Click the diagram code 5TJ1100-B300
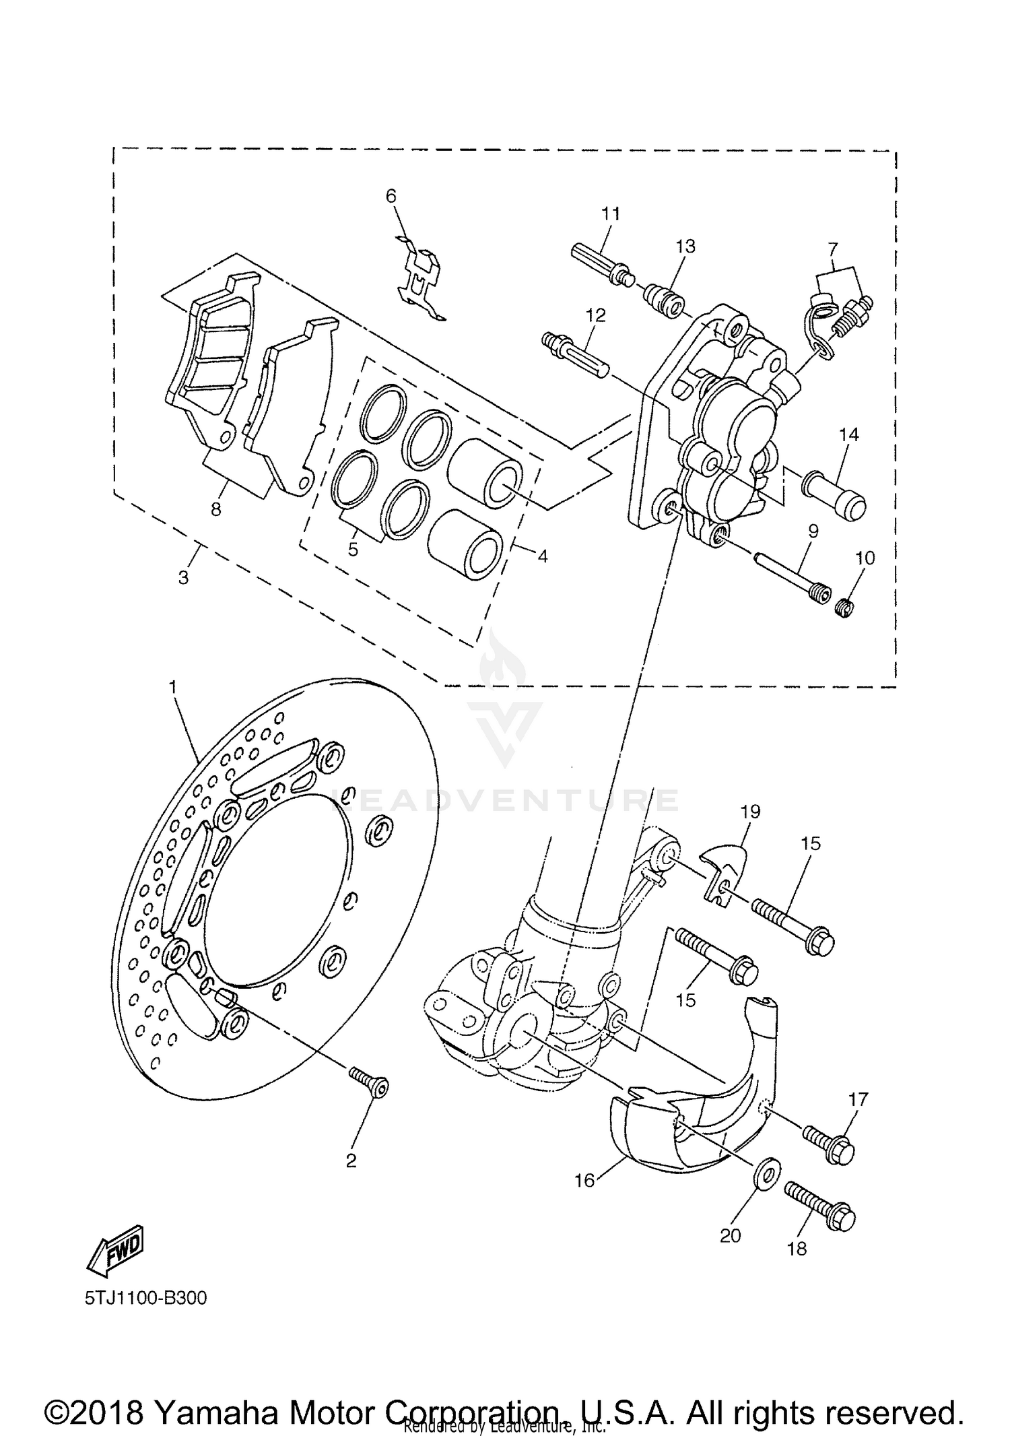click(x=145, y=1298)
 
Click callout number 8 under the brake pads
click(x=215, y=510)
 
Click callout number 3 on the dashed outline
click(x=183, y=577)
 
